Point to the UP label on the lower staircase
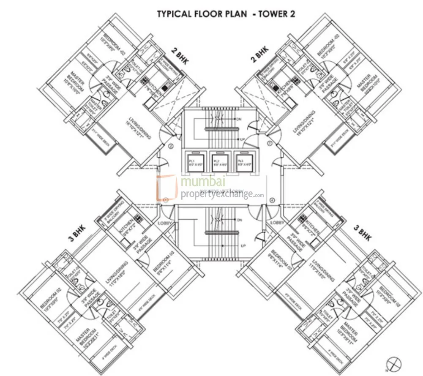coord(243,245)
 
